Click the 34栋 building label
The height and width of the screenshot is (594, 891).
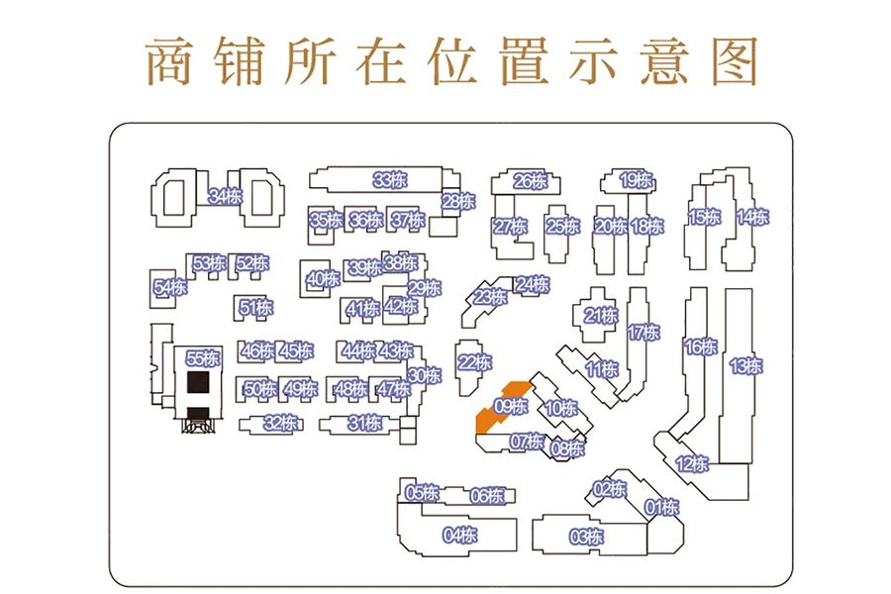226,196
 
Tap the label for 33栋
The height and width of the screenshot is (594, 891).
389,180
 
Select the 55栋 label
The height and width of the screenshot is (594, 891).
202,359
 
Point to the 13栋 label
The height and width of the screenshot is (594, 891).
745,365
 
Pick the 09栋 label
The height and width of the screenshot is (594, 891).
512,406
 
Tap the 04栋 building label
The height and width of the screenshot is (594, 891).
460,536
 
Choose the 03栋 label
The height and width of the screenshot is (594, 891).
586,538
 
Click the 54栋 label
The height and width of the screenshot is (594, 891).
170,288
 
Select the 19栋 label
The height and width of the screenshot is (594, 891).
637,180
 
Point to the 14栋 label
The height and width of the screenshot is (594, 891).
752,217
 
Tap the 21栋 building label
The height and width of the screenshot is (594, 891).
600,317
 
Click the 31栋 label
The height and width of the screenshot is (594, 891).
364,424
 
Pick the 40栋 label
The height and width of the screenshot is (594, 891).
323,279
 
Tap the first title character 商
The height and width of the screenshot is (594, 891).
168,61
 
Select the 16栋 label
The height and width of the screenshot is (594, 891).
700,346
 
